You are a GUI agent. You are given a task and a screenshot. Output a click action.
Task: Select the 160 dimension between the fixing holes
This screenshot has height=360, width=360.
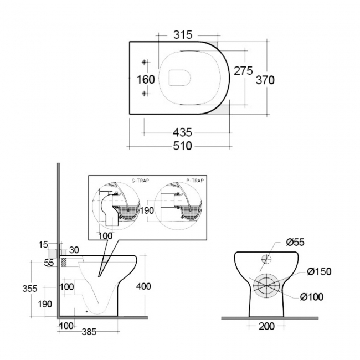146,79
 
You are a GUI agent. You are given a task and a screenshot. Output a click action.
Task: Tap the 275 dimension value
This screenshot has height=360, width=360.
243,71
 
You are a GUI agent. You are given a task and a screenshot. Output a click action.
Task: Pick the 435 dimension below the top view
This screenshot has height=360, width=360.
182,132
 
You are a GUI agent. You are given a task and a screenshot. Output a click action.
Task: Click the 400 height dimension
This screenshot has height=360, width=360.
142,286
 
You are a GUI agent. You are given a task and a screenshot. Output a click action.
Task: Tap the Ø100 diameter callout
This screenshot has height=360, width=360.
312,296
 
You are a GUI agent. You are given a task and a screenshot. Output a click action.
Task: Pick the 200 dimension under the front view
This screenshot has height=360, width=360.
267,326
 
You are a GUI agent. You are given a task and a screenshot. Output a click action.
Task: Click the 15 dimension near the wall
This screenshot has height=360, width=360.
44,244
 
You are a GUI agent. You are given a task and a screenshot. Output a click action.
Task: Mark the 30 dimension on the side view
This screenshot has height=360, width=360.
74,250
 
